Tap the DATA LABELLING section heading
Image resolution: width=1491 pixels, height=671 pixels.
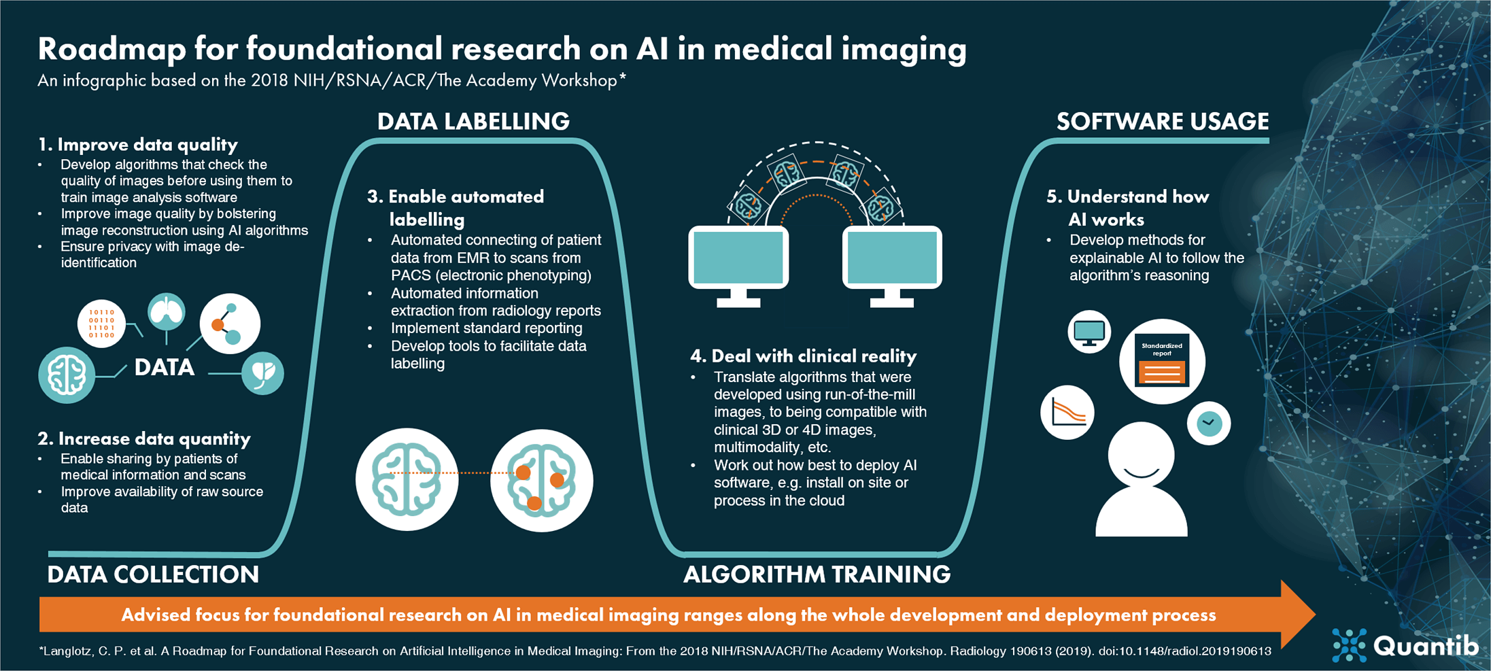pyautogui.click(x=473, y=122)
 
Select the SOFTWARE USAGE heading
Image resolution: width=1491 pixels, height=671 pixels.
pyautogui.click(x=1162, y=122)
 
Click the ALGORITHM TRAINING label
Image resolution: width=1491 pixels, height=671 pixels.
pyautogui.click(x=816, y=574)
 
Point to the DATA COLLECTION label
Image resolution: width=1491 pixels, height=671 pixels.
pyautogui.click(x=153, y=574)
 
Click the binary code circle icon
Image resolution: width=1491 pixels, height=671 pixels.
pyautogui.click(x=101, y=324)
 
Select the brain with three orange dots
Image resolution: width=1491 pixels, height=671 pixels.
pyautogui.click(x=541, y=480)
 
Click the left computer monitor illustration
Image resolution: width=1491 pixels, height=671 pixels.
pyautogui.click(x=738, y=259)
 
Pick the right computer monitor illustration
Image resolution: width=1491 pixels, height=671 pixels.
pyautogui.click(x=891, y=259)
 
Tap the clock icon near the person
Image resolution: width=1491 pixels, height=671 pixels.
pyautogui.click(x=1209, y=424)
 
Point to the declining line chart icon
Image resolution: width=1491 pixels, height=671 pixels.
pyautogui.click(x=1067, y=413)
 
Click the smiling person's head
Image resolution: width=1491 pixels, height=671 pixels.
pyautogui.click(x=1141, y=454)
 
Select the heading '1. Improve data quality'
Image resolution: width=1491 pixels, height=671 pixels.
pyautogui.click(x=138, y=145)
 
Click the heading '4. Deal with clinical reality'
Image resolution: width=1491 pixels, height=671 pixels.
pyautogui.click(x=803, y=356)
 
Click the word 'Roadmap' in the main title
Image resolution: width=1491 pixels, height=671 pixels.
pyautogui.click(x=112, y=50)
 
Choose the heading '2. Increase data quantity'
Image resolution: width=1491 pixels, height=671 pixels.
pyautogui.click(x=144, y=438)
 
